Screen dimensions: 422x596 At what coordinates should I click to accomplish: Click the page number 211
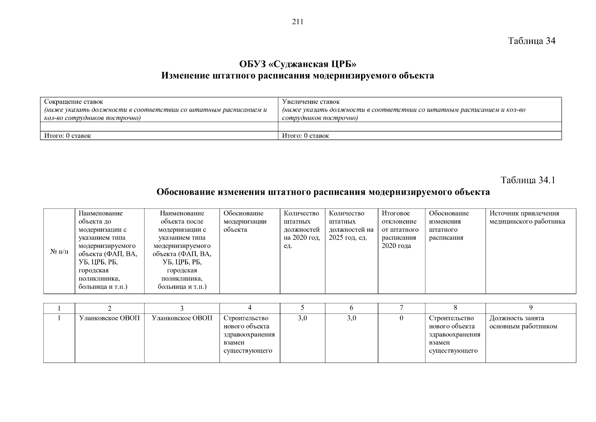[297, 22]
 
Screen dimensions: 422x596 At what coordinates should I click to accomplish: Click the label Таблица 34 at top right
[532, 41]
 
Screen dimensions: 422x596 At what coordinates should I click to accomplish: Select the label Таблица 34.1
[528, 180]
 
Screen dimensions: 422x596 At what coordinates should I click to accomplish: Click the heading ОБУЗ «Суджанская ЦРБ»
[297, 64]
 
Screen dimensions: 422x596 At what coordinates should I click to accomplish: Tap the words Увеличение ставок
[311, 102]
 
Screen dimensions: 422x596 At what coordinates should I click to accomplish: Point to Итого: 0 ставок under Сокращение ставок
[67, 136]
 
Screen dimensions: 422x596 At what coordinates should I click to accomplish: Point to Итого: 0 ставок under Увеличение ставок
[306, 136]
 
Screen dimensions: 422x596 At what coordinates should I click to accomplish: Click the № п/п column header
[59, 251]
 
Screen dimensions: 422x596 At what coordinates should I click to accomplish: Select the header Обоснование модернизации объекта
[245, 222]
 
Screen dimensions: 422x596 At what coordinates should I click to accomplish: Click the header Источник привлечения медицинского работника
[527, 217]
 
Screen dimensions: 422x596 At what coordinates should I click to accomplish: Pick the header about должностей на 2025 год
[351, 225]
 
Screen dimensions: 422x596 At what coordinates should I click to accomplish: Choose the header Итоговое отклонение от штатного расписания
[400, 229]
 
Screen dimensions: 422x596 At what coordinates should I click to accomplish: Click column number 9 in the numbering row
[531, 308]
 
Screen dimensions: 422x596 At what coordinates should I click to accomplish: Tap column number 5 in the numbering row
[302, 308]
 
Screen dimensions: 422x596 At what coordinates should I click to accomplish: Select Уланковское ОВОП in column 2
[110, 318]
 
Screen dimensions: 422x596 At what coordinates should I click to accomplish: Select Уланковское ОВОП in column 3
[182, 318]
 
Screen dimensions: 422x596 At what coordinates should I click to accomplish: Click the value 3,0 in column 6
[351, 318]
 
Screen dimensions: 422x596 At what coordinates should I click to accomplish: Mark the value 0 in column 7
[401, 318]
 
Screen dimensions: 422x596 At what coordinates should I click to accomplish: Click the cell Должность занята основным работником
[523, 322]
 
